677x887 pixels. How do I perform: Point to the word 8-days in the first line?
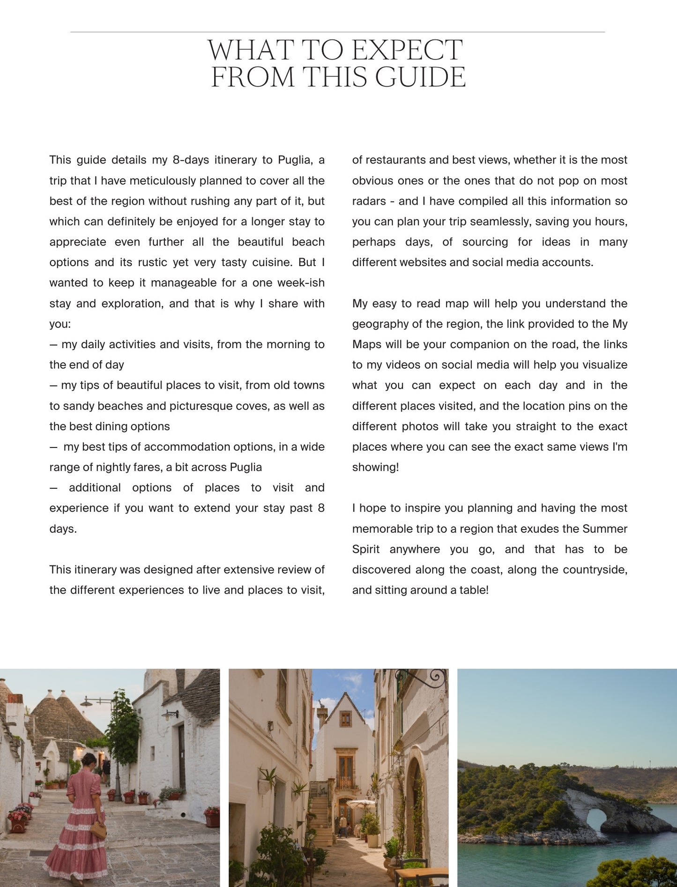tap(190, 160)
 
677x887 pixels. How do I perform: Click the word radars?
tap(369, 201)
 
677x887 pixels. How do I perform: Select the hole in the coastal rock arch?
tap(596, 820)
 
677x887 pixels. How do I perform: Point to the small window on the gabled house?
tap(345, 718)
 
